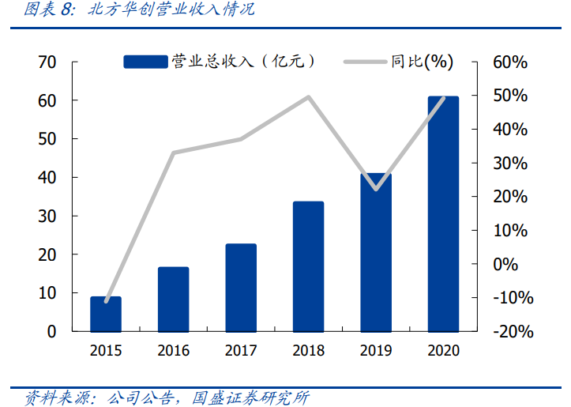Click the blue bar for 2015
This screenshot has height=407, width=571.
point(106,314)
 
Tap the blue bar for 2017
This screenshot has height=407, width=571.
point(241,288)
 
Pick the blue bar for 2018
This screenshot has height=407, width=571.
point(308,266)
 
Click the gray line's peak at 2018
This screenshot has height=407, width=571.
point(308,97)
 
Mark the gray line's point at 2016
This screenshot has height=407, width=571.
point(173,153)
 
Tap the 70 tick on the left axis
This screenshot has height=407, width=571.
point(47,62)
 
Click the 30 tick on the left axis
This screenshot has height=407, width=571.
point(47,216)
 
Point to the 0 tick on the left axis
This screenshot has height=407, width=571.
point(51,332)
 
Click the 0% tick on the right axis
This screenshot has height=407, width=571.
point(505,265)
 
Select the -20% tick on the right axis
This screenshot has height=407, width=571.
point(513,332)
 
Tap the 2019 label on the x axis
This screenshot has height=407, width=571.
point(376,351)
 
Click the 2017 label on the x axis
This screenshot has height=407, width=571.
point(241,351)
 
